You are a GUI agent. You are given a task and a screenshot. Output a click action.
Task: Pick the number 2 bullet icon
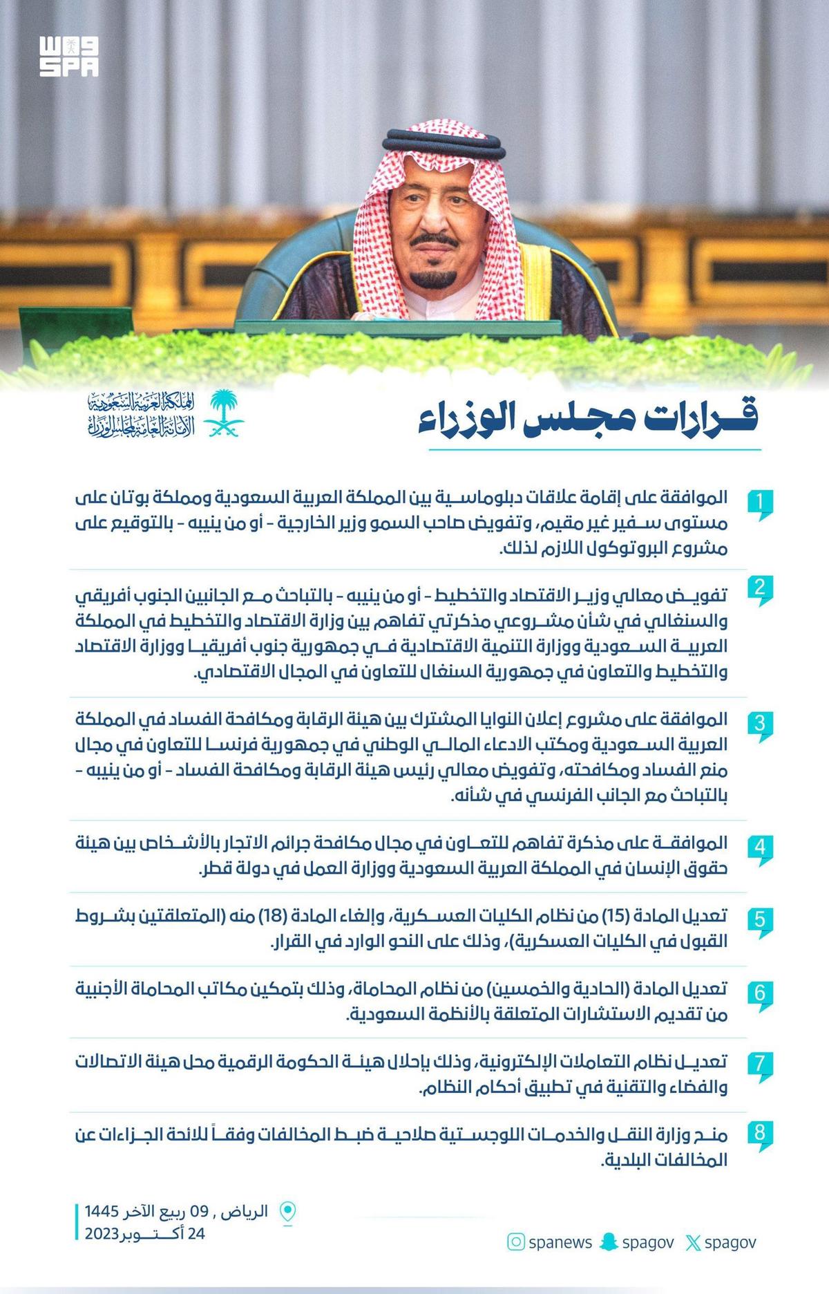[x=760, y=590]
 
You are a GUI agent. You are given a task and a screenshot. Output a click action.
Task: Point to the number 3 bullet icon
[x=760, y=725]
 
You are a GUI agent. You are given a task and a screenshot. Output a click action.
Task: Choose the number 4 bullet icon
[x=760, y=847]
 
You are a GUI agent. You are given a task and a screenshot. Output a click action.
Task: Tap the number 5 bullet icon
[x=760, y=921]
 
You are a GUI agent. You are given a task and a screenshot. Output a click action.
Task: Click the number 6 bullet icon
[x=760, y=994]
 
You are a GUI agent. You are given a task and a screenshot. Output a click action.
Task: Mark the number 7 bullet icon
[x=760, y=1065]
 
